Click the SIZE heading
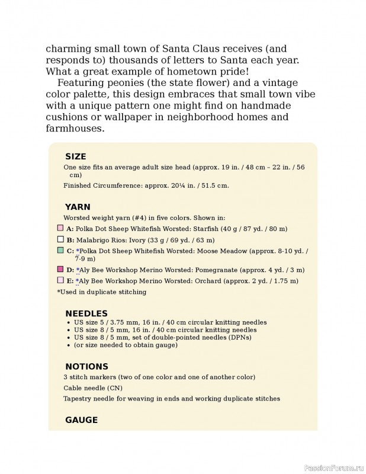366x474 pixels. (75, 157)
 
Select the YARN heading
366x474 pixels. (77, 207)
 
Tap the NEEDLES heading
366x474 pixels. (86, 313)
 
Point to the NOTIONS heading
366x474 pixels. (86, 366)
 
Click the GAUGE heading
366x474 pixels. (81, 419)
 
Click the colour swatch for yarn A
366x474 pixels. (60, 228)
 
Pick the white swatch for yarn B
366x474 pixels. (60, 240)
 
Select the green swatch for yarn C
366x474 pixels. (60, 251)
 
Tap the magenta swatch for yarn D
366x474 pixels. (60, 269)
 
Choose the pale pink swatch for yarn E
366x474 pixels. (60, 280)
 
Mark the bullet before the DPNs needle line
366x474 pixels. (70, 337)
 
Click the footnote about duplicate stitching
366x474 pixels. (101, 292)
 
